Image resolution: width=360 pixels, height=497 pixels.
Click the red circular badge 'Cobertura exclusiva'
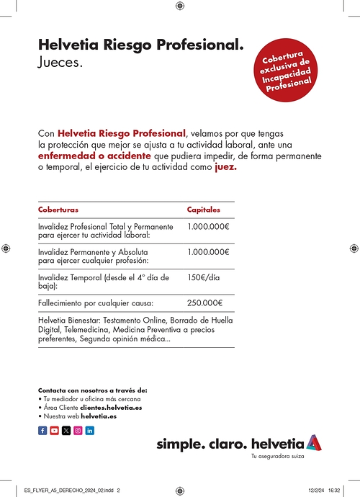(x=289, y=72)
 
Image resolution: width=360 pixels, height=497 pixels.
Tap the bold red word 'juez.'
(x=225, y=167)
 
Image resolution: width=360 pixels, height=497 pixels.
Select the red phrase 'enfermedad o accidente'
(x=94, y=156)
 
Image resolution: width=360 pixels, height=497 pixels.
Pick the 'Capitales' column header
(x=204, y=210)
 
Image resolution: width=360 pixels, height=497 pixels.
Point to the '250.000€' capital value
(x=204, y=303)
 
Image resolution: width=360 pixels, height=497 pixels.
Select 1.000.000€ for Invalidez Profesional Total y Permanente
(x=207, y=226)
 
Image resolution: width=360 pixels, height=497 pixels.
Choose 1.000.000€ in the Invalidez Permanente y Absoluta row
(x=207, y=251)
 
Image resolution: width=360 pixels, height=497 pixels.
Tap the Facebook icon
(x=42, y=430)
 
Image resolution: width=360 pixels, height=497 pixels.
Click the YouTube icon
(x=54, y=430)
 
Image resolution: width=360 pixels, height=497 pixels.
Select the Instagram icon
(x=78, y=430)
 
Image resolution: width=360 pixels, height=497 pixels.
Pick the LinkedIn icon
(x=90, y=430)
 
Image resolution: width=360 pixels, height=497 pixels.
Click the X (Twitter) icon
(x=66, y=430)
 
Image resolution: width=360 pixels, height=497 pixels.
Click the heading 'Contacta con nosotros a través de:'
(x=92, y=390)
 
